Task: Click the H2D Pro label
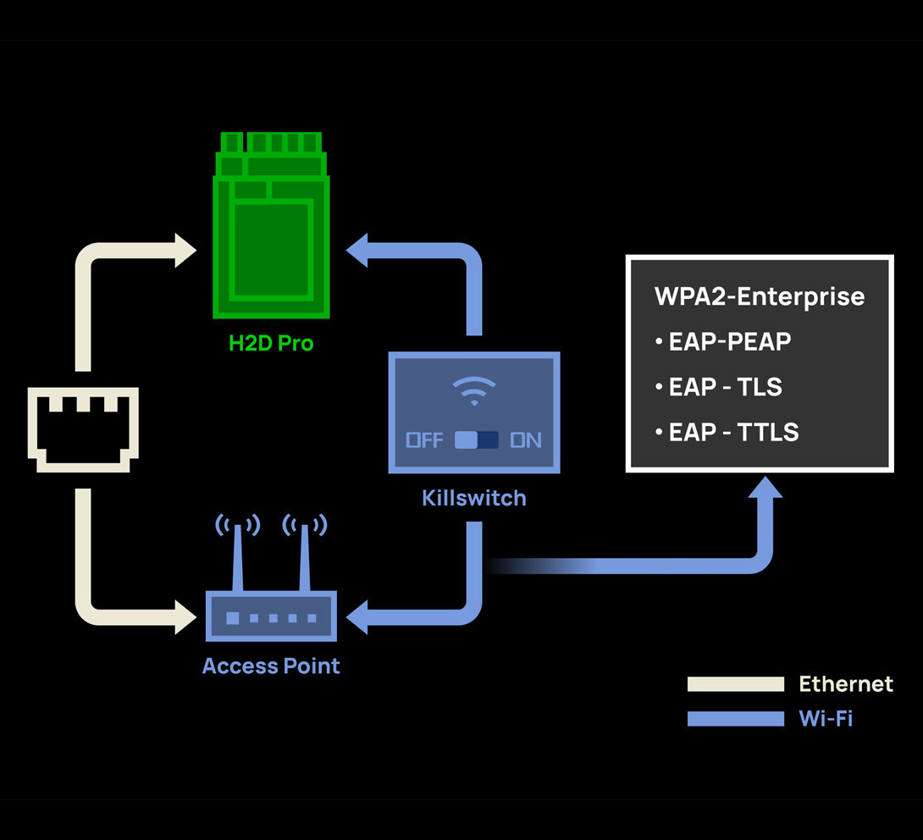[271, 343]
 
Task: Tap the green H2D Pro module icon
[271, 225]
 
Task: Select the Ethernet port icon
[83, 428]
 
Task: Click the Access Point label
[271, 666]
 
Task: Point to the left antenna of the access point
[238, 554]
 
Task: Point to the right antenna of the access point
[304, 554]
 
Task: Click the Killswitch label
[474, 497]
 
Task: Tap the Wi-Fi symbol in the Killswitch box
[474, 390]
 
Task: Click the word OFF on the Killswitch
[424, 440]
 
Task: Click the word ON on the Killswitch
[525, 440]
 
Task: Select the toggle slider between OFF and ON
[477, 440]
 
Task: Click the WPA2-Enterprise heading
[760, 296]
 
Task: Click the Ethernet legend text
[845, 683]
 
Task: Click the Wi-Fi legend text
[826, 719]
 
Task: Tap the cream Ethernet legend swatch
[736, 684]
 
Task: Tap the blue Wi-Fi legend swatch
[736, 719]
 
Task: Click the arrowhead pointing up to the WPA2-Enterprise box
[765, 489]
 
